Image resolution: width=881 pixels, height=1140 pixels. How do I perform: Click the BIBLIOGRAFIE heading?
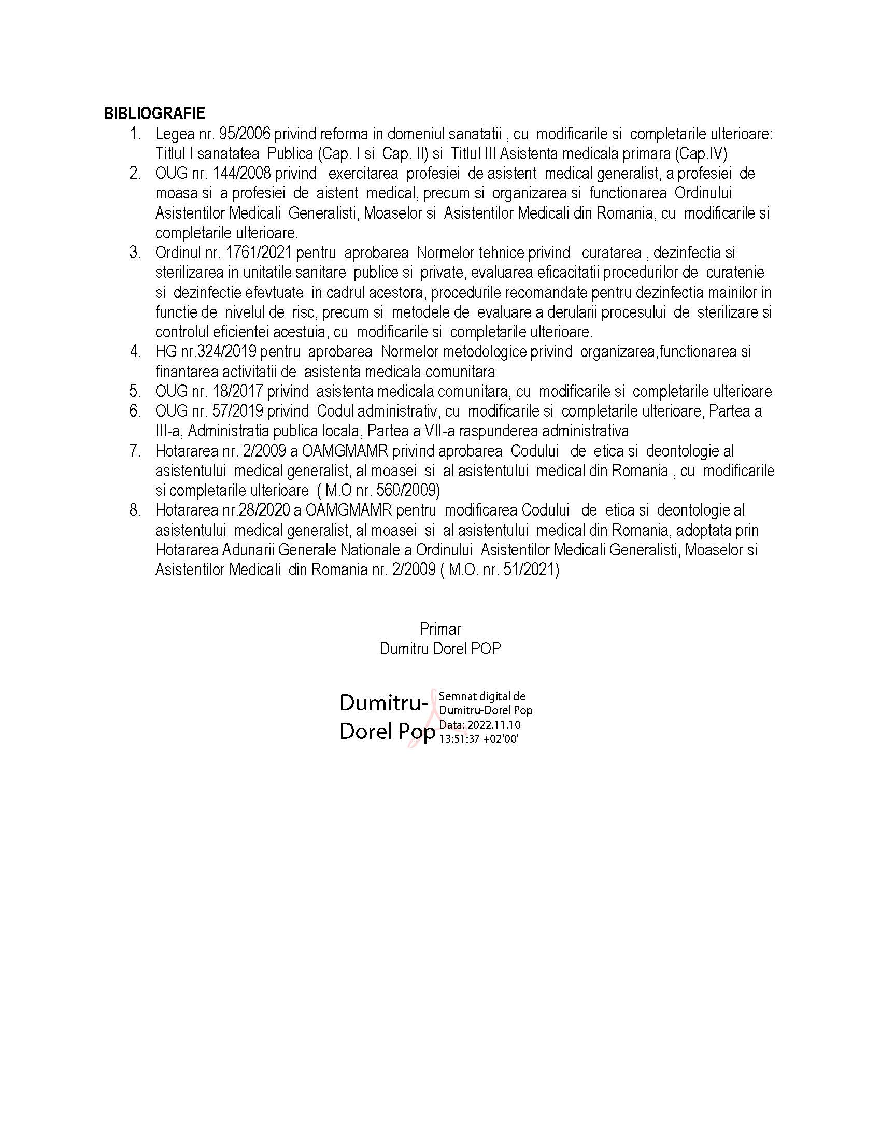coord(154,113)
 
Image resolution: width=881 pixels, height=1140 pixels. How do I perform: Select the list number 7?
coord(135,451)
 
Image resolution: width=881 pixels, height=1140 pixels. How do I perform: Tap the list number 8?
coord(135,510)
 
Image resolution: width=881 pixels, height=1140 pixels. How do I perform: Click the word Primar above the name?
coord(440,629)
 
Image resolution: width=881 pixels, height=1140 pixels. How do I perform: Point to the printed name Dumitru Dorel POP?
coord(440,649)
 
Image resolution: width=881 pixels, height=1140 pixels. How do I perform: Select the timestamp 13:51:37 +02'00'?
coord(478,738)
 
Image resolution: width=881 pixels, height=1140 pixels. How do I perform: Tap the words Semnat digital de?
coord(482,696)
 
